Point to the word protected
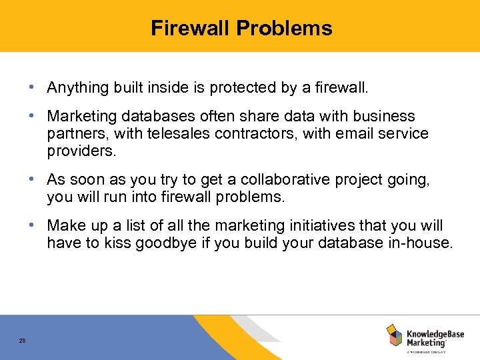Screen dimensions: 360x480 (234, 87)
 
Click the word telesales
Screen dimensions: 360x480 (174, 133)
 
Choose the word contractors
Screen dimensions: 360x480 (256, 133)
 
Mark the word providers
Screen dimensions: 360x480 (81, 151)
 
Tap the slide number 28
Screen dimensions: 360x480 (22, 341)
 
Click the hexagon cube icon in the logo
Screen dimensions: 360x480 (395, 335)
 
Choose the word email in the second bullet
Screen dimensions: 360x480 (357, 133)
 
